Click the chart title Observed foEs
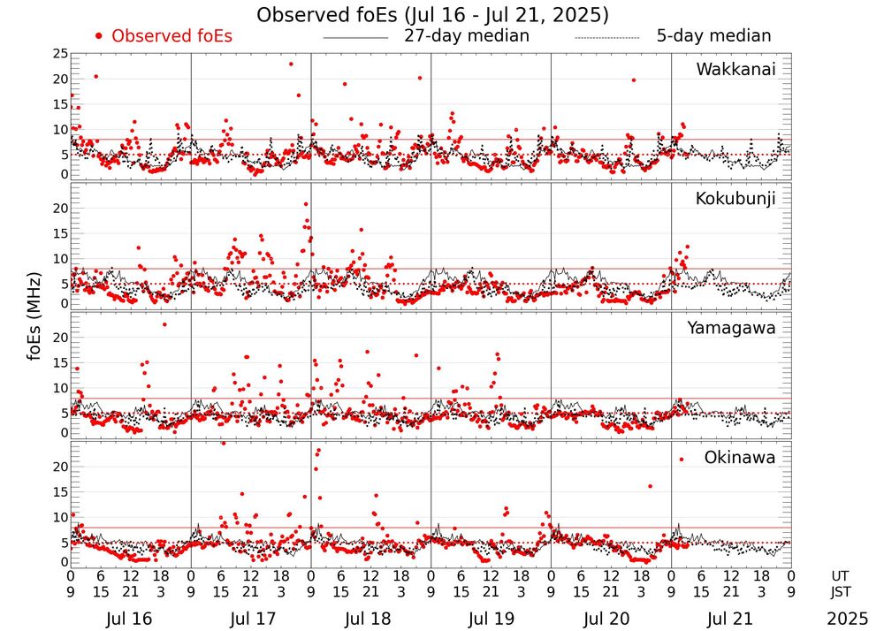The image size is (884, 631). point(432,15)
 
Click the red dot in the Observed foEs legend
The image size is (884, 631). point(100,36)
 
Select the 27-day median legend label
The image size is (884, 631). point(466,36)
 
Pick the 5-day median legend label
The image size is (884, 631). point(713,36)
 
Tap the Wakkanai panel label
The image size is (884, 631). point(735,70)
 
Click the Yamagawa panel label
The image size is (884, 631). point(731,329)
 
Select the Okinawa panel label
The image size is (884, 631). point(740,458)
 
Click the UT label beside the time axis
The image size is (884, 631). point(841,575)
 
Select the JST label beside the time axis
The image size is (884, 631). point(841,593)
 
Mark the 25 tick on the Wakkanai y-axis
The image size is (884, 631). point(60,54)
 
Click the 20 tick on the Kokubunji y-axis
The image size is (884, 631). point(60,209)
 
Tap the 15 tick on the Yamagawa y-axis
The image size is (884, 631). point(60,363)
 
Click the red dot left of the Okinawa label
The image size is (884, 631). point(682,459)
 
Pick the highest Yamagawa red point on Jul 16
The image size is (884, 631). point(164,324)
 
